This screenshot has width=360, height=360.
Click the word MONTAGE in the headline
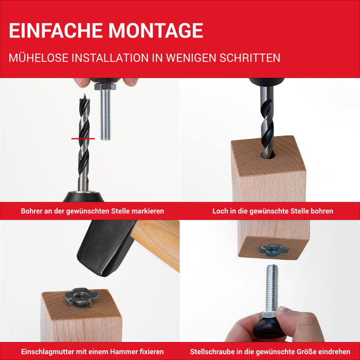click(156, 30)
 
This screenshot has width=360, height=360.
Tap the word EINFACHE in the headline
click(56, 30)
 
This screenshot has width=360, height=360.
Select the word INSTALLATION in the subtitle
click(110, 58)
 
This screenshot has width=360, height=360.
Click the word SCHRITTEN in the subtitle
click(250, 58)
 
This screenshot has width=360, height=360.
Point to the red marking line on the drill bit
click(83, 139)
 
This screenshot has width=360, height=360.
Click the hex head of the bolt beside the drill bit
click(105, 86)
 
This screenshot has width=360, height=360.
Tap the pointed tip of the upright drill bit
click(84, 95)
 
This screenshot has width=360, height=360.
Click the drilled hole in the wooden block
click(268, 155)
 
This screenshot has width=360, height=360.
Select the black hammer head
click(106, 247)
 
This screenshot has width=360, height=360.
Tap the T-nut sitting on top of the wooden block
click(81, 298)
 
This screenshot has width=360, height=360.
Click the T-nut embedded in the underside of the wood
click(274, 250)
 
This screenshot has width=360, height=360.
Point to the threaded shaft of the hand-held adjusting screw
click(272, 289)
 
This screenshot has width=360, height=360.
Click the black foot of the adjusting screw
click(267, 328)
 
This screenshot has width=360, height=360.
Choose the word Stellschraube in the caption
click(212, 351)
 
